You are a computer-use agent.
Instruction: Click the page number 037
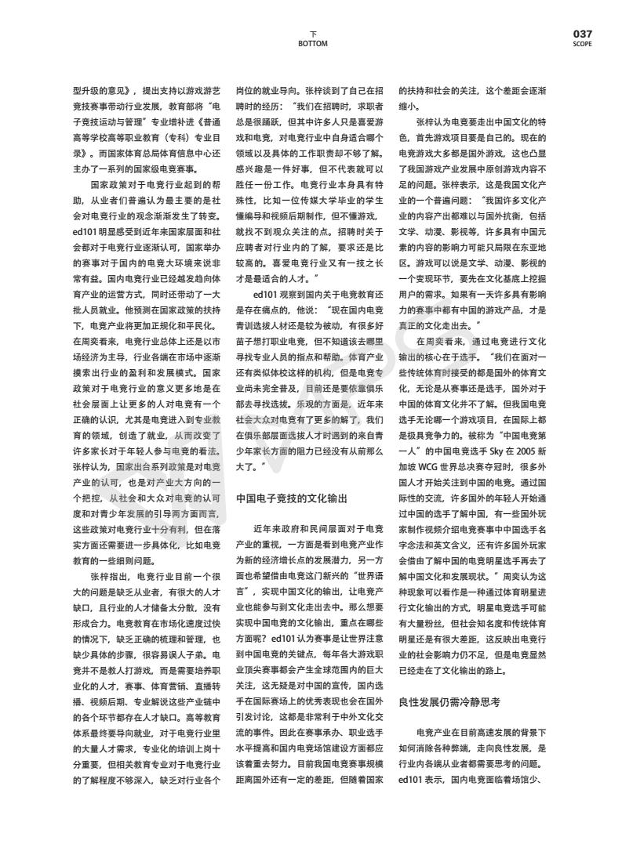coord(582,34)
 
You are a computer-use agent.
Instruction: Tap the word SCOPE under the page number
coord(582,44)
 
